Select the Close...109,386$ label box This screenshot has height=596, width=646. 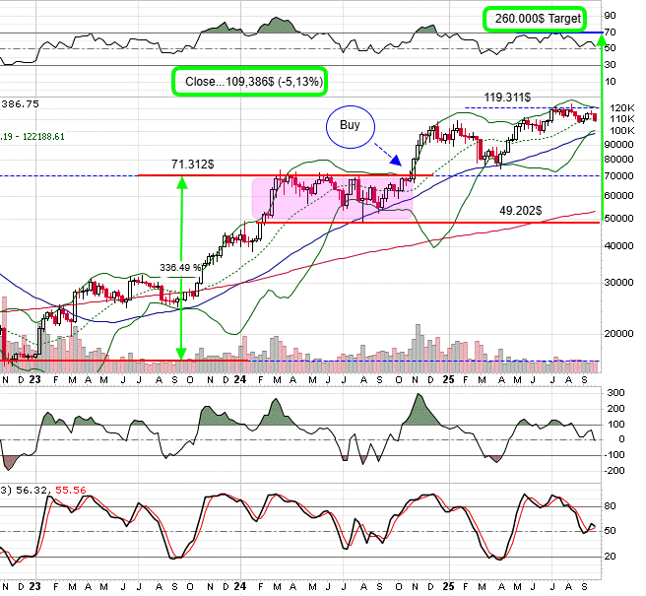point(249,80)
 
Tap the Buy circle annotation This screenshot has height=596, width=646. point(350,126)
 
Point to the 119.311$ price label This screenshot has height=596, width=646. point(508,98)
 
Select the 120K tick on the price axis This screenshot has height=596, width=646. point(619,107)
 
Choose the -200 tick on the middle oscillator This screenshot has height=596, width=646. point(617,469)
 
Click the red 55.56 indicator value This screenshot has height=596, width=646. point(68,489)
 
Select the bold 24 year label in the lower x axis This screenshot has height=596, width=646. point(239,378)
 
